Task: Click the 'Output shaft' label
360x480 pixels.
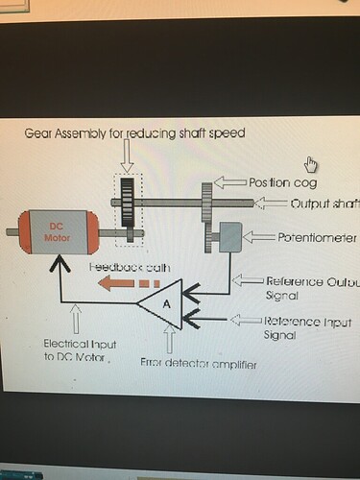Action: pyautogui.click(x=324, y=204)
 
